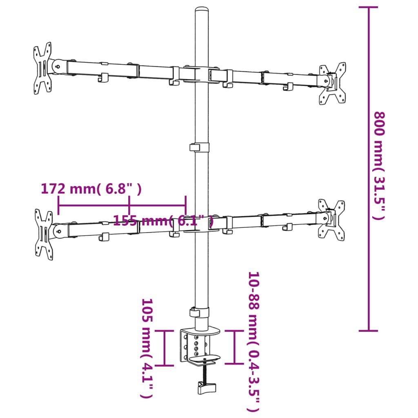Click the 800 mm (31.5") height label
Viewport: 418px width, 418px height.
coord(379,166)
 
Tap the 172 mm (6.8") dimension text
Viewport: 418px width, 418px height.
coord(91,189)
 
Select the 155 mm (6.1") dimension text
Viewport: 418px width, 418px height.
coord(163,221)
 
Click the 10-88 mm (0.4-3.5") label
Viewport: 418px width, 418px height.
coord(254,342)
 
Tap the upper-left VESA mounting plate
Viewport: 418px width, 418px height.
coord(42,68)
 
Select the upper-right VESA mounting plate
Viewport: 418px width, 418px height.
coord(333,83)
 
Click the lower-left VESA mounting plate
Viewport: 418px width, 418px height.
coord(44,234)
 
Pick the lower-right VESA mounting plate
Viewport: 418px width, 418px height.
coord(331,220)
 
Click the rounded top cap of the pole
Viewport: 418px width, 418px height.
coord(202,11)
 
